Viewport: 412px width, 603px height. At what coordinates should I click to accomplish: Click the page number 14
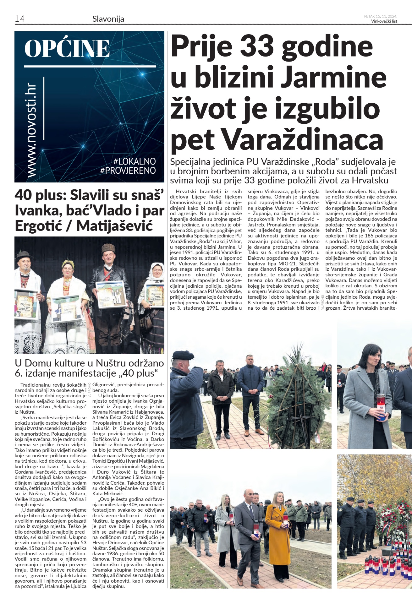[19, 19]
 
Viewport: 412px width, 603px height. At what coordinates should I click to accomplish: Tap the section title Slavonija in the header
[108, 19]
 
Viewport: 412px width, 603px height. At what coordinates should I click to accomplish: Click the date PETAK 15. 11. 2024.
[381, 16]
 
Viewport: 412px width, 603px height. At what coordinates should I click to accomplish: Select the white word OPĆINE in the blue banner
[67, 49]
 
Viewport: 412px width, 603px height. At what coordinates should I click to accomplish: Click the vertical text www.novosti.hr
[31, 130]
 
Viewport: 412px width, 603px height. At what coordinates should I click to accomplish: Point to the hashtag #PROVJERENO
[128, 171]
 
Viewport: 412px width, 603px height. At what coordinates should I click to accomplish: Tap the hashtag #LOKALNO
[135, 161]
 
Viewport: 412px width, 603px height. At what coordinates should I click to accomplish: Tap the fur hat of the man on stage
[108, 248]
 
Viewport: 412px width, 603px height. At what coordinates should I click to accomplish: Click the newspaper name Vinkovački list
[384, 21]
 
